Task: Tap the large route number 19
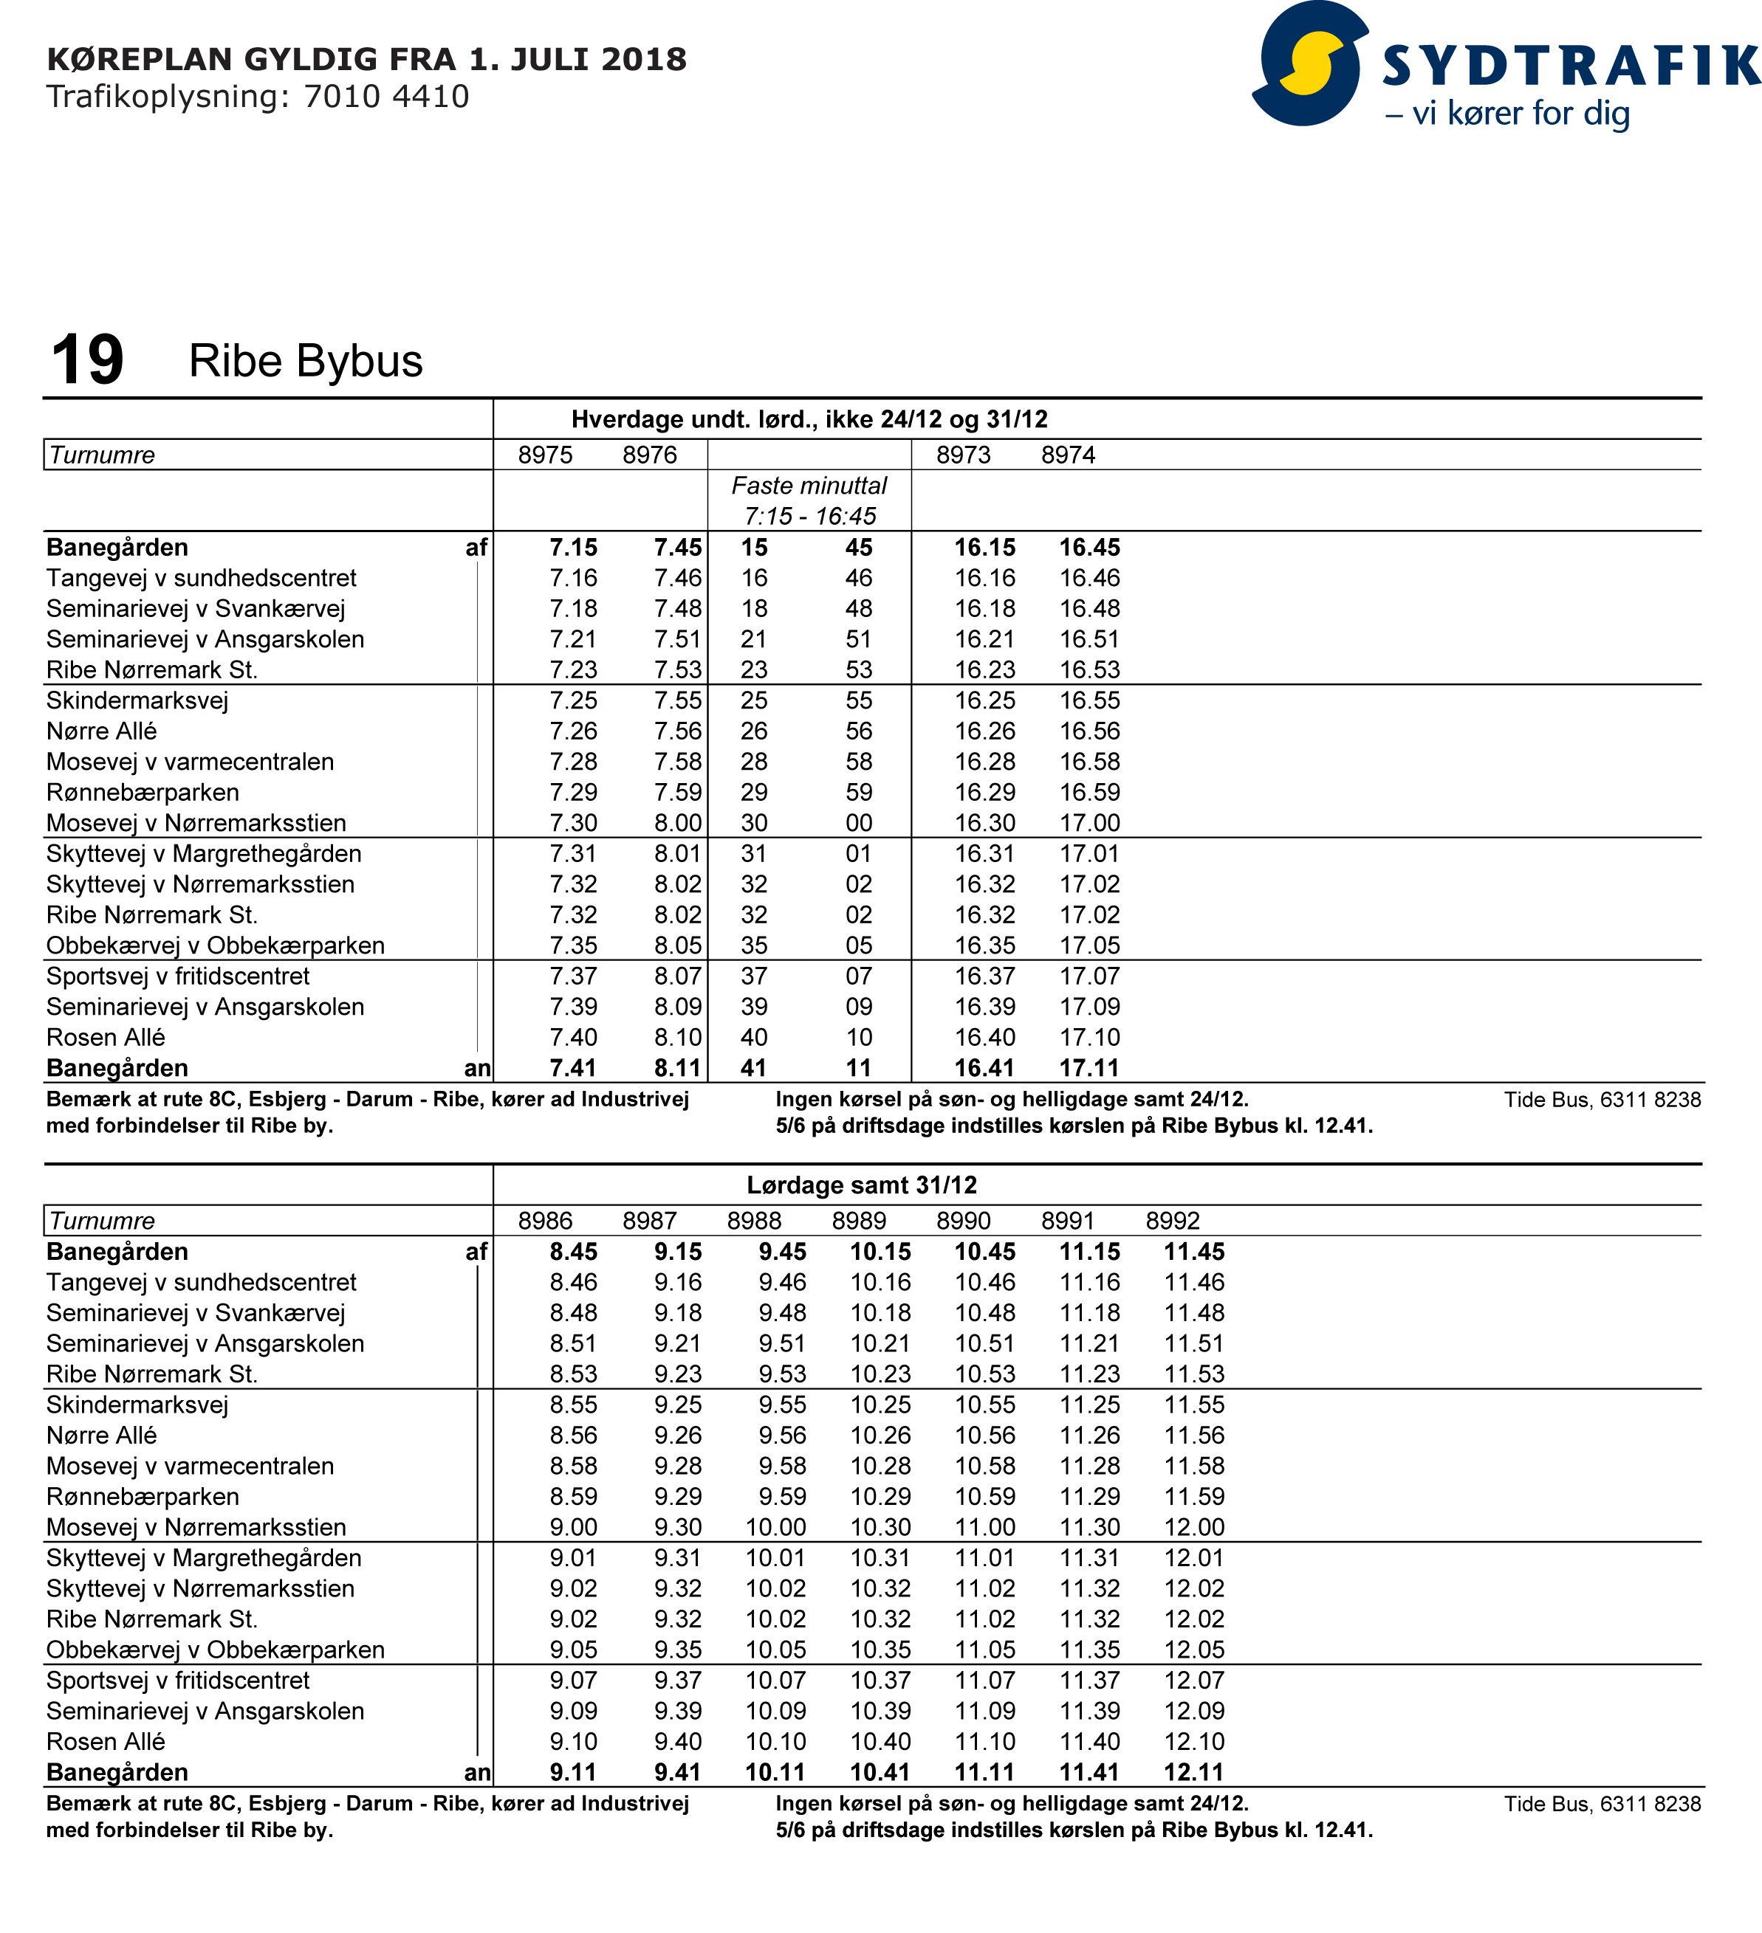87,360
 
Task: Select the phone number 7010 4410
386,97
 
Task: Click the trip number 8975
545,455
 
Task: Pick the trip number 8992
1172,1221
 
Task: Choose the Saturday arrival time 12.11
1193,1772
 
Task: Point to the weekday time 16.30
984,823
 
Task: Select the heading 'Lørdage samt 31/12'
861,1185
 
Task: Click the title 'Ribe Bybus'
305,362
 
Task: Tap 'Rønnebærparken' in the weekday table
143,792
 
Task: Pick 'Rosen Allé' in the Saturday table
106,1741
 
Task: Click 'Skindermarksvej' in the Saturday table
137,1405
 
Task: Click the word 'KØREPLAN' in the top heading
140,60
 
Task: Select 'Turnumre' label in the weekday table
102,455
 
